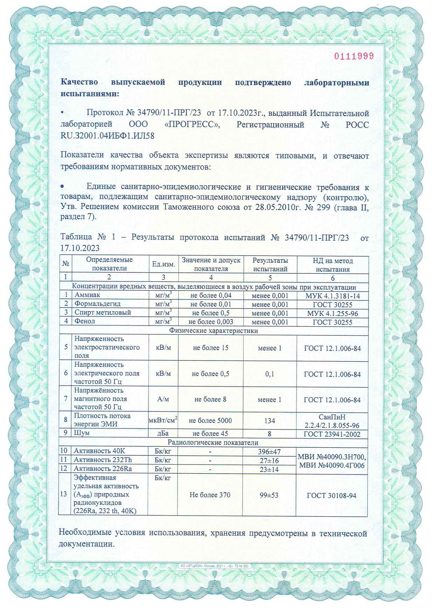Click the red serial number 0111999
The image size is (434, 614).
[354, 56]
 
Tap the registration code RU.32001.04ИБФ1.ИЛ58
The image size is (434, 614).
[107, 135]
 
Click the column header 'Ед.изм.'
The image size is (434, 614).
[163, 264]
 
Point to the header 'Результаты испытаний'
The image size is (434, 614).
[270, 265]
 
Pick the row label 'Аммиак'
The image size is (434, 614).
[87, 295]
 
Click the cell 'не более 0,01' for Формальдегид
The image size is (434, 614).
[211, 304]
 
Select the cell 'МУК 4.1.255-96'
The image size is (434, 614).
[332, 313]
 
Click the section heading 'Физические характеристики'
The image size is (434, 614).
[213, 330]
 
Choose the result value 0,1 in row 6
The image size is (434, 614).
[270, 374]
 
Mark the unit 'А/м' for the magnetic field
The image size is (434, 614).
[163, 399]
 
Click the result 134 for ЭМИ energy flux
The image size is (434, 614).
[269, 420]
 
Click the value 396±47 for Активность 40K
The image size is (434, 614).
[269, 452]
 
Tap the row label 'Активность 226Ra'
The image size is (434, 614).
[103, 468]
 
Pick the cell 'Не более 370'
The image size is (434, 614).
[210, 495]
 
